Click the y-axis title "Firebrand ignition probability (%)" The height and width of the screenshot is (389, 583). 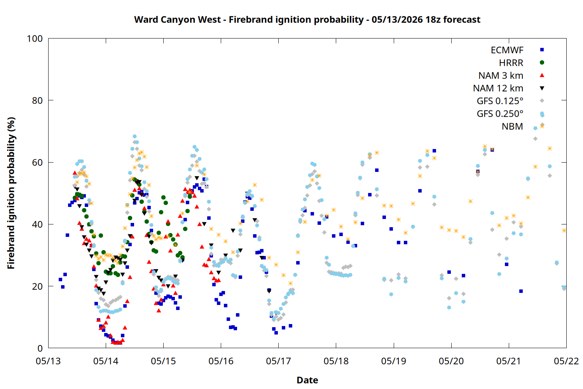11,193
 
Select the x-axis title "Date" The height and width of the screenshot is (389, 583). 307,380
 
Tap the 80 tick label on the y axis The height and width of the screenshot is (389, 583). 37,100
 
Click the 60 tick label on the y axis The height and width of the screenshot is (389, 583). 37,162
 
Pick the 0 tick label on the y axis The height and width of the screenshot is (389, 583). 40,348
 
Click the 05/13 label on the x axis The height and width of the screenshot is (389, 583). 48,361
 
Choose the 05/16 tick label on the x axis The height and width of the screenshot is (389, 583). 221,361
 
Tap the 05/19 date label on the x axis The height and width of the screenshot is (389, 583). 394,361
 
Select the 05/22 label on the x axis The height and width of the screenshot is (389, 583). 566,361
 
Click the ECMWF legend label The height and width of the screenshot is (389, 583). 507,50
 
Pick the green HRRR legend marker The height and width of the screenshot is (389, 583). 542,63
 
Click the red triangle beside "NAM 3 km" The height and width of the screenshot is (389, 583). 542,75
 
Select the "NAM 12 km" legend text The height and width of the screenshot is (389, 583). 498,88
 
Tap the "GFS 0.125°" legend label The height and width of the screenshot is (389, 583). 500,101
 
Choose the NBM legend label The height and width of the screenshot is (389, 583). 512,126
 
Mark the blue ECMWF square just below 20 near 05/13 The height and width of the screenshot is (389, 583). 63,287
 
